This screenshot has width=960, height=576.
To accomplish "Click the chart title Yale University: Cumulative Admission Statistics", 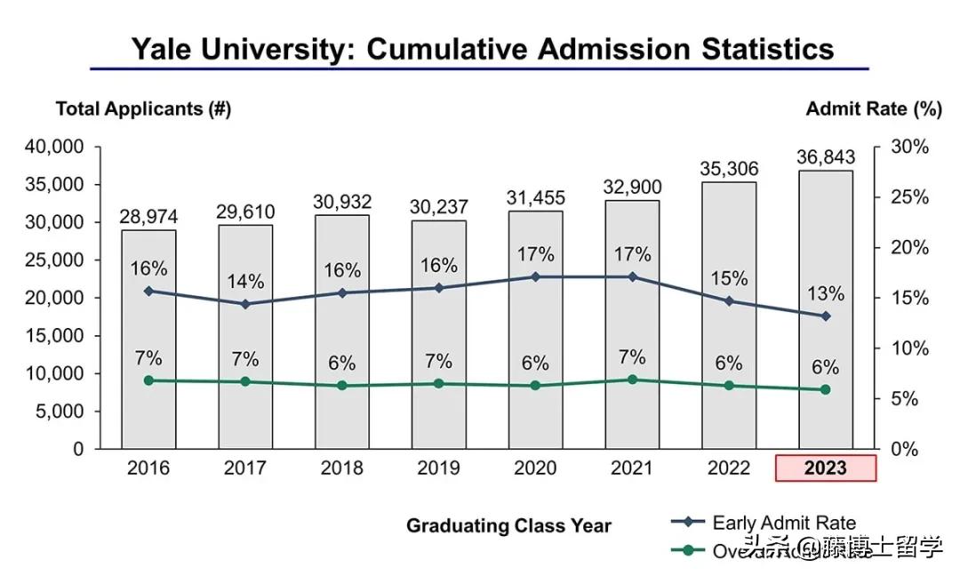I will click(483, 48).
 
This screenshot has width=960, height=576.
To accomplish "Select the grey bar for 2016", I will click(148, 409).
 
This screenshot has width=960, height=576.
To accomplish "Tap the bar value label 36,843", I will click(826, 157).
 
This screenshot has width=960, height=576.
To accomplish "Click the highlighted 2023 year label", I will click(826, 468).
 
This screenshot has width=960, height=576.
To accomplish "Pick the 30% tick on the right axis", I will click(909, 147).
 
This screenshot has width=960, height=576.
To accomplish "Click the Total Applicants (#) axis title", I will click(143, 109).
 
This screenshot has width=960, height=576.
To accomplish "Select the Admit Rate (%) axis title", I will click(873, 109).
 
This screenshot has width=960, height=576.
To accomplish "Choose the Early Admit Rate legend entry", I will click(784, 523).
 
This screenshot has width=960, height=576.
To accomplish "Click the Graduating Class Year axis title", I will click(508, 525).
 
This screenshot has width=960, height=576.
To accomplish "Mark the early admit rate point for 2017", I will click(245, 304).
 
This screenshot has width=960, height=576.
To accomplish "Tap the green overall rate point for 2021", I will click(632, 380).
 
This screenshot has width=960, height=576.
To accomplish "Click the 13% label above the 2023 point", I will click(826, 294).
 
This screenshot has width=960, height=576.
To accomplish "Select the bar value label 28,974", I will click(148, 217).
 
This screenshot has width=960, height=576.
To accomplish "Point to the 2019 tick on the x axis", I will click(438, 468).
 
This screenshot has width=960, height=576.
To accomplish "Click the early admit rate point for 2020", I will click(535, 276).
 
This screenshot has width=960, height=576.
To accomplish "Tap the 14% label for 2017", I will click(245, 282).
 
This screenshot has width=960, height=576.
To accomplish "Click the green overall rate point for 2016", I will click(148, 380).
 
